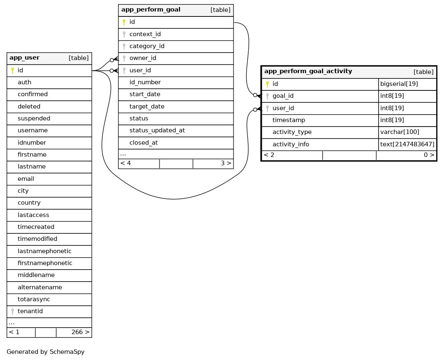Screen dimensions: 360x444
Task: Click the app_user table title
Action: point(25,58)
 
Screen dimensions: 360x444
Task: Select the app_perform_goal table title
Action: point(150,10)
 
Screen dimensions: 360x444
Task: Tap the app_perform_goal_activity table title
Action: point(308,72)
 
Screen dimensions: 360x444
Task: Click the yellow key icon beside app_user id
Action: point(12,71)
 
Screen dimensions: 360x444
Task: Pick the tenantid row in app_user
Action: point(30,312)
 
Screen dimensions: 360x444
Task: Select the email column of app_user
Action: point(26,179)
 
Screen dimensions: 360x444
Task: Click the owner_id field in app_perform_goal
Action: point(143,58)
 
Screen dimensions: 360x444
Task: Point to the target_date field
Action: point(147,106)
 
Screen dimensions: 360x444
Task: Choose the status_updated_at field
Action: point(157,130)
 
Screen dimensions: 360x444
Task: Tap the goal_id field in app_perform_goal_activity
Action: point(283,96)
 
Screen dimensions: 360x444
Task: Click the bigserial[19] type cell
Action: point(399,84)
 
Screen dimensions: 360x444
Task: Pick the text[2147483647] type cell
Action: point(407,144)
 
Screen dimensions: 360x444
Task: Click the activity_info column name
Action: point(291,144)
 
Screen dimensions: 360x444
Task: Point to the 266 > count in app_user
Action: point(80,332)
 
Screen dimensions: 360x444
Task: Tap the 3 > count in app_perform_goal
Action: point(226,163)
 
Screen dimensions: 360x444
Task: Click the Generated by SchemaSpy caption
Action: point(46,352)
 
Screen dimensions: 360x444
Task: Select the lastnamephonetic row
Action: point(44,251)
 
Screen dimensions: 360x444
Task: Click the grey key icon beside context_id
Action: point(124,35)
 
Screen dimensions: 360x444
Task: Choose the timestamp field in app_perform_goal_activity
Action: point(289,120)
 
